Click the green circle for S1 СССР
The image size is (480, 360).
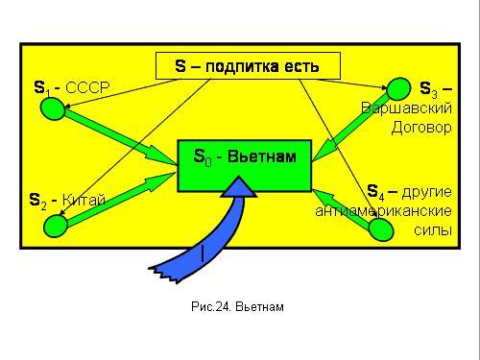53,108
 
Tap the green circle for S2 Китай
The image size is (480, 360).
56,226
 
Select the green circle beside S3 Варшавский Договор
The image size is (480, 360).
398,89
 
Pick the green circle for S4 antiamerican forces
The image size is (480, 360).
381,229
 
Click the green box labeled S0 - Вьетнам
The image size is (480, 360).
245,166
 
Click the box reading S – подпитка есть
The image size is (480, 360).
248,66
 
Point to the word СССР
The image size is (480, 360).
87,87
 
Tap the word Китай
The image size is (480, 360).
84,200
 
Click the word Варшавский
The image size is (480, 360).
406,108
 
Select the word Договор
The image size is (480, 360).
421,128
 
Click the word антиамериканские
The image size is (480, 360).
383,211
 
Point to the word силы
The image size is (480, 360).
433,230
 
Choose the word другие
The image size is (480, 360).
427,192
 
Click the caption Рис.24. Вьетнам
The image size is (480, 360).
237,306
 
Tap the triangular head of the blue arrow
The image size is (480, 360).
239,187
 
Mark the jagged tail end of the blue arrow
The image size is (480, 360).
163,273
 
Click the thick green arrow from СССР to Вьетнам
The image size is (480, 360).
121,136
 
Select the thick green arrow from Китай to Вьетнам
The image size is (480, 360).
122,200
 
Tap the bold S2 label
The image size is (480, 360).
37,202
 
